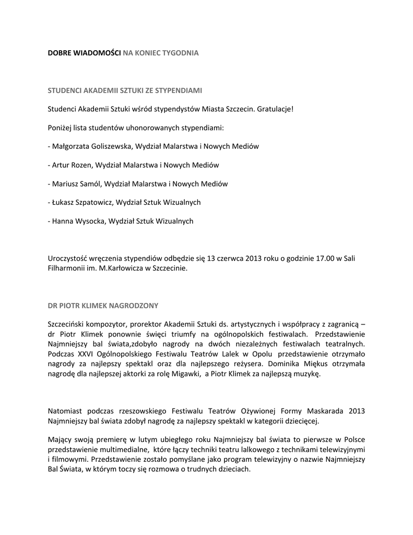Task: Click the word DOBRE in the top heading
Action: [58, 53]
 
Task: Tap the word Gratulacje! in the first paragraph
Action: [276, 109]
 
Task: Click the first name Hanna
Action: [63, 221]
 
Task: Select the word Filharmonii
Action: [65, 269]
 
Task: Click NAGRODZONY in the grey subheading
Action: [132, 305]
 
